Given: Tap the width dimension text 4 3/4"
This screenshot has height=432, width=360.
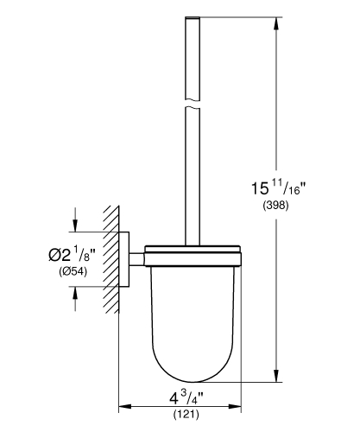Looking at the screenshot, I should [180, 399].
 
